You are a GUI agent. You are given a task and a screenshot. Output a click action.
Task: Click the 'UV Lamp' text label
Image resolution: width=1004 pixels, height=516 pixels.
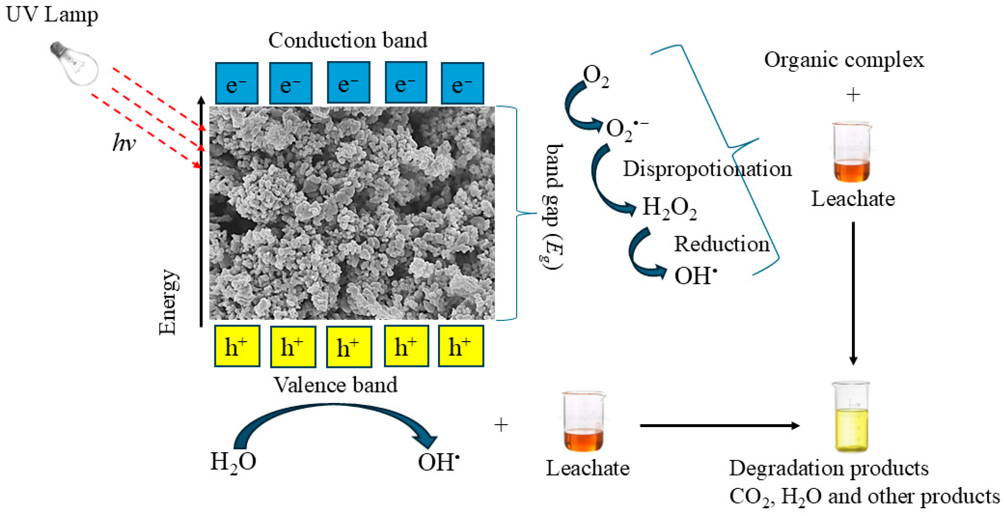coord(52,15)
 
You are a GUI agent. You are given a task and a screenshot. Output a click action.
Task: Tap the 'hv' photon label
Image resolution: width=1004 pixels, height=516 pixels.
coord(124,142)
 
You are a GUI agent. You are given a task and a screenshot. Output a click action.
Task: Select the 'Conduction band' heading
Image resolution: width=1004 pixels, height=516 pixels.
coord(348,40)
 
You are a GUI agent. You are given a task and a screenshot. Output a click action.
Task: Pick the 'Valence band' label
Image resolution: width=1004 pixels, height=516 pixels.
coord(335,385)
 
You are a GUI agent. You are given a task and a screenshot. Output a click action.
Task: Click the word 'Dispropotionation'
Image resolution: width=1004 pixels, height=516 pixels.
coord(707,169)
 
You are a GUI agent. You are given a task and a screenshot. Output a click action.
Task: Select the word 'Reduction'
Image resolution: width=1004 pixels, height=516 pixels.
coord(722,244)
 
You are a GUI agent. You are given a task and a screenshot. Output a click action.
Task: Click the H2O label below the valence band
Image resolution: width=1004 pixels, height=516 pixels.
coord(233,462)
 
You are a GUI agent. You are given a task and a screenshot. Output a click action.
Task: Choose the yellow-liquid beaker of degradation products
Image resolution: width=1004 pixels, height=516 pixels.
coord(852,417)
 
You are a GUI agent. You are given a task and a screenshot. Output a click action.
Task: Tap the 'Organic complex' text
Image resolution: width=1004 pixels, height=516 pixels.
coord(844,60)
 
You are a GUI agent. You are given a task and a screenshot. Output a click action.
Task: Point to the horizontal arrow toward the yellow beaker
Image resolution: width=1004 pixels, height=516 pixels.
coord(719,425)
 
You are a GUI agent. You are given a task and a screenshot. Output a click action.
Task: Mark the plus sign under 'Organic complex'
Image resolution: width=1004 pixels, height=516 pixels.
coord(853,95)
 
